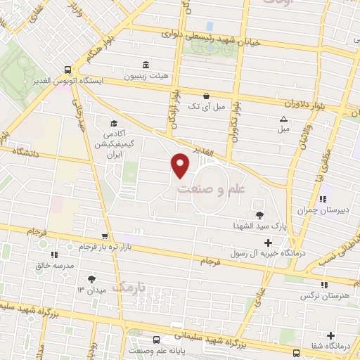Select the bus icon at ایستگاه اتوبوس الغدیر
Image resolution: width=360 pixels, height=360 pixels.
point(67,70)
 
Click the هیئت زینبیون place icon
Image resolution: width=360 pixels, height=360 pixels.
point(146,65)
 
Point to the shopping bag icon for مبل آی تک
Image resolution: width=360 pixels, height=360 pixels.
point(205,96)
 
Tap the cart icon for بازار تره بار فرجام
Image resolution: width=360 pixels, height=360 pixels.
point(105,237)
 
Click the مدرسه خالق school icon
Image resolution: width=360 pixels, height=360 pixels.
point(53,255)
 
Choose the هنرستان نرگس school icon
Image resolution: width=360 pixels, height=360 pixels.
point(323,284)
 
